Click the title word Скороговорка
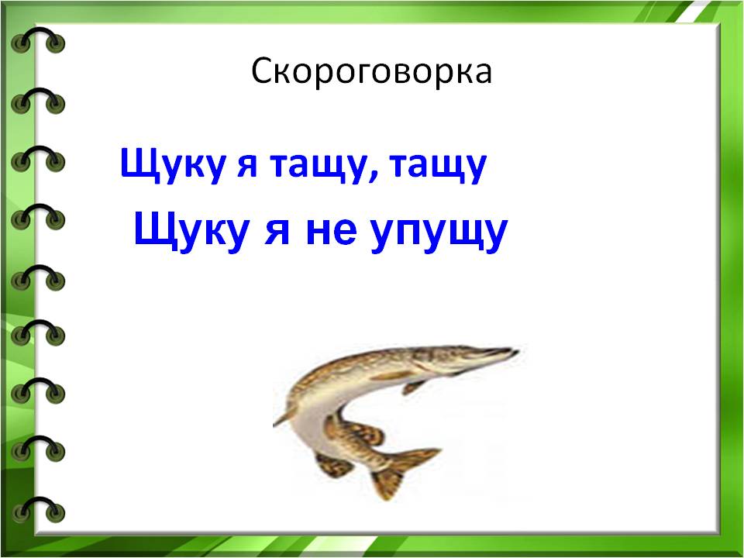point(371,72)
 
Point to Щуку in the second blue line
point(191,231)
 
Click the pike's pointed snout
point(515,352)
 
